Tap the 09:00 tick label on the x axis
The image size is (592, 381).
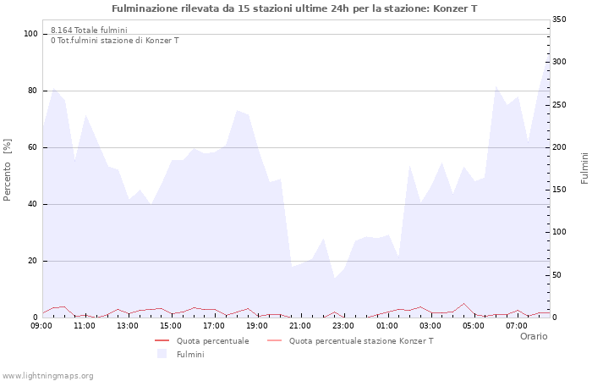(x=41, y=326)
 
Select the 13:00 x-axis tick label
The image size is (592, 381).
(x=128, y=326)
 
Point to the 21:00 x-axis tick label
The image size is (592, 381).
(x=299, y=326)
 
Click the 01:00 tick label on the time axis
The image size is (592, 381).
(x=386, y=326)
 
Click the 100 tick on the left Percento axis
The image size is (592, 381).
(x=31, y=34)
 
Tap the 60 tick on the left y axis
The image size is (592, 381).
(x=33, y=147)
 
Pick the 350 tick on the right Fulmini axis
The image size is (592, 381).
(x=559, y=19)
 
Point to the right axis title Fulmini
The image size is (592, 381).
(x=584, y=168)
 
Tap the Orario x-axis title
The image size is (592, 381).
(x=534, y=336)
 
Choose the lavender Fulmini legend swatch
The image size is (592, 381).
(x=162, y=354)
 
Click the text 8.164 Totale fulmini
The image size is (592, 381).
(x=89, y=30)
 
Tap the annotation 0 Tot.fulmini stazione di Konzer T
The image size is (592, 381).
(x=114, y=41)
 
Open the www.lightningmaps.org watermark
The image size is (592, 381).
(x=48, y=376)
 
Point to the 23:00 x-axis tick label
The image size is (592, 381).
(x=343, y=326)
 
